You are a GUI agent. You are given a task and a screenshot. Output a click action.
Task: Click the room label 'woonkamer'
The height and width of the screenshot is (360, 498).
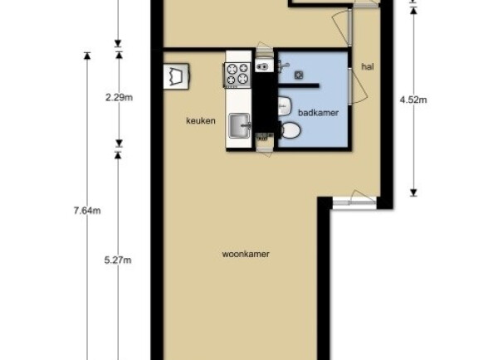coord(246,255)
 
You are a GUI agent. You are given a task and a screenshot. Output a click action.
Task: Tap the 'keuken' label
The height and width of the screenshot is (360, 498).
coord(201,120)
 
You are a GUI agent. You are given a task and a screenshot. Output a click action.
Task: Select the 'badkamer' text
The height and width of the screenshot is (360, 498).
coord(318,113)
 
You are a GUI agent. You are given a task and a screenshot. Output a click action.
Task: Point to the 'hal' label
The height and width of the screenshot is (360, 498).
coord(368,66)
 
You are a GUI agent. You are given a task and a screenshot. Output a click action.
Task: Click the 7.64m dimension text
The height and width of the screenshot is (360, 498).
coord(87,211)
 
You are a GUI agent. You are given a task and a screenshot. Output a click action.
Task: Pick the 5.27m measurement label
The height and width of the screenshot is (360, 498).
coord(118,260)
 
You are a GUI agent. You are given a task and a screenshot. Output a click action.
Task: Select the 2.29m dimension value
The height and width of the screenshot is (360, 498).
coord(119,97)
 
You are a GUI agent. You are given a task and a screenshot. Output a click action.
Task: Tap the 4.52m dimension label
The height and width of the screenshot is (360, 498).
coord(413,100)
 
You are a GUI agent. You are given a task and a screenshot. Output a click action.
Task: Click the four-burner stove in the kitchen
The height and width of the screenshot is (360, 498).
coord(237,75)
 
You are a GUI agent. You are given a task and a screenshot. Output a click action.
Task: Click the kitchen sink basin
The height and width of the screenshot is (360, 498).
coord(239,126)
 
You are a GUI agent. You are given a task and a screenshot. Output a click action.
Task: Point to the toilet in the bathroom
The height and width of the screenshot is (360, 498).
coord(290,130)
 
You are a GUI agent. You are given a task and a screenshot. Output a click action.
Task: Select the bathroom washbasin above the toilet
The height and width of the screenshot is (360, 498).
coord(285,106)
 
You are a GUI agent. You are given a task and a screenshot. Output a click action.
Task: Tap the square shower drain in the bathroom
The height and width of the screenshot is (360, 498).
coord(299,75)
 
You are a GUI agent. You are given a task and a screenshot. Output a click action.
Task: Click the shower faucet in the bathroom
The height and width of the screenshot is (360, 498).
coord(282,66)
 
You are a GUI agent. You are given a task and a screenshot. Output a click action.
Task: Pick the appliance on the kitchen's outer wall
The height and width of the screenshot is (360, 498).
coord(177,75)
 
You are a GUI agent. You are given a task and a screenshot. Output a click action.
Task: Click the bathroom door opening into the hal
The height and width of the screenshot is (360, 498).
coord(357,85)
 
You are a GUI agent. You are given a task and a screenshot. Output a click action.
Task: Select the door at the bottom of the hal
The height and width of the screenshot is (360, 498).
coord(354,200)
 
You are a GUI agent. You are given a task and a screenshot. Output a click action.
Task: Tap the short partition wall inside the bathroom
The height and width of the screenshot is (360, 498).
coord(299,85)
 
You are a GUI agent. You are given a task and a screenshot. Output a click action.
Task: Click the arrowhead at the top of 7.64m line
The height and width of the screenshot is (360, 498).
coord(87,56)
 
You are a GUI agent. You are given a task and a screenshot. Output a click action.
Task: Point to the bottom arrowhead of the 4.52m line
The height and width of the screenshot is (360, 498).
coord(413,192)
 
